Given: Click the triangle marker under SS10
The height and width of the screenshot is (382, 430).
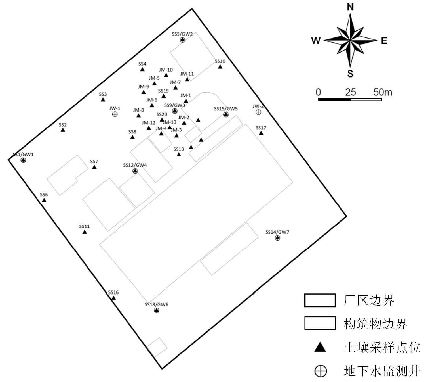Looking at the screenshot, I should coord(220,67).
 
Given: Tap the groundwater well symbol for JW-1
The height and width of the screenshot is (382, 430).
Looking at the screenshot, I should coord(115,114).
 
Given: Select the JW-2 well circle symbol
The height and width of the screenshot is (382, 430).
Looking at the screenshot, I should coord(258,112).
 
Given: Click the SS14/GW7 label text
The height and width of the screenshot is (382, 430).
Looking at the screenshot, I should coord(277,232).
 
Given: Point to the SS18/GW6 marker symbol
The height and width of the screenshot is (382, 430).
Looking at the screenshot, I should coord(157,310).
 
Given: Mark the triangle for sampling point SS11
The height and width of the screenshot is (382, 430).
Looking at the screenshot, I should coord(85,232).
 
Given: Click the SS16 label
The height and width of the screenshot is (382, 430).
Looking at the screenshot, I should coord(113,292).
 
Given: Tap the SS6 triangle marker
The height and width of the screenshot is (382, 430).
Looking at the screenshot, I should coord(44,200).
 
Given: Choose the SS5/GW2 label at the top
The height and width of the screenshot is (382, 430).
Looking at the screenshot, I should coord(182,34).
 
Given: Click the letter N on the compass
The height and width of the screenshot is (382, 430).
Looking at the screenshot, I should coord(350,7).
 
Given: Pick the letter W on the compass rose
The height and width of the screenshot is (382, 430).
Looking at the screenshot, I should coord(316,41).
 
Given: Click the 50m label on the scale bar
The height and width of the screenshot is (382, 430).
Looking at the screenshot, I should coord(382,92).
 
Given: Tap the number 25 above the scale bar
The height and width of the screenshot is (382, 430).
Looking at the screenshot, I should coord(350,92).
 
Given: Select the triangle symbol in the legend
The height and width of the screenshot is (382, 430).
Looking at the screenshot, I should coord(320,347).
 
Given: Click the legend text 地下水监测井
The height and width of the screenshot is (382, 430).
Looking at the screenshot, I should coord(382,371).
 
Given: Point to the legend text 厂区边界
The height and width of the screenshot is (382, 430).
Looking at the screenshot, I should coord(369,300).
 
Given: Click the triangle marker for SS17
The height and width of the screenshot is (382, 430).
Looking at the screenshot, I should coord(261,133).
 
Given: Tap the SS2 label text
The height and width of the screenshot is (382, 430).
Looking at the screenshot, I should coord(63,125).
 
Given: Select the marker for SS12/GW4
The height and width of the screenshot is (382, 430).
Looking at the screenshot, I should coord(135,171).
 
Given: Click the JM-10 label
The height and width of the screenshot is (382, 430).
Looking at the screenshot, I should coord(166,70).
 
